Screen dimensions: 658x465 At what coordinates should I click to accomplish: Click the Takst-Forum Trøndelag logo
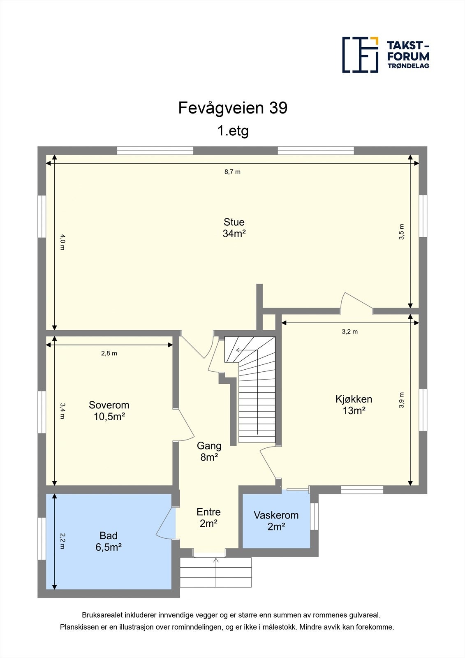[x=386, y=55]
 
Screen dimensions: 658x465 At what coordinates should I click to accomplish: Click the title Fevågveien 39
[x=233, y=108]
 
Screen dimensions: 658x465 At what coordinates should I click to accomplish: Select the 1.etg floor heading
[x=233, y=131]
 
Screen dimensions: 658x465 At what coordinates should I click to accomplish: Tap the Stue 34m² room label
[x=234, y=228]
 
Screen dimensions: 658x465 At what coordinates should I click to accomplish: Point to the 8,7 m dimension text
[x=232, y=172]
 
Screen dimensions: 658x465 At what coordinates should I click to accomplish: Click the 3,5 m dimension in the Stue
[x=402, y=232]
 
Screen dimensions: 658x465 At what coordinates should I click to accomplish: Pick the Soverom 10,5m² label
[x=109, y=411]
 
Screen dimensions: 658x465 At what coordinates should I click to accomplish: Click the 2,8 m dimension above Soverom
[x=109, y=353]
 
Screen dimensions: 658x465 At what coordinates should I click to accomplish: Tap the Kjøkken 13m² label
[x=354, y=405]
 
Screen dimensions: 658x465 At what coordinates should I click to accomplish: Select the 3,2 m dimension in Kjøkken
[x=349, y=331]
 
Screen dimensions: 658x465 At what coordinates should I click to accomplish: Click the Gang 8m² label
[x=209, y=451]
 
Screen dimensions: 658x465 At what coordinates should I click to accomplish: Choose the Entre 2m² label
[x=208, y=517]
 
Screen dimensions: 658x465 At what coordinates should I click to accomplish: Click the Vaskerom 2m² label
[x=276, y=521]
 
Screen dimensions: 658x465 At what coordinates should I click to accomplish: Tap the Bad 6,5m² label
[x=109, y=541]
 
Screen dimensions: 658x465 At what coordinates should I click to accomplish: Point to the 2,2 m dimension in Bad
[x=62, y=541]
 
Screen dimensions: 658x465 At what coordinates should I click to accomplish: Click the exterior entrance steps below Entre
[x=216, y=572]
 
